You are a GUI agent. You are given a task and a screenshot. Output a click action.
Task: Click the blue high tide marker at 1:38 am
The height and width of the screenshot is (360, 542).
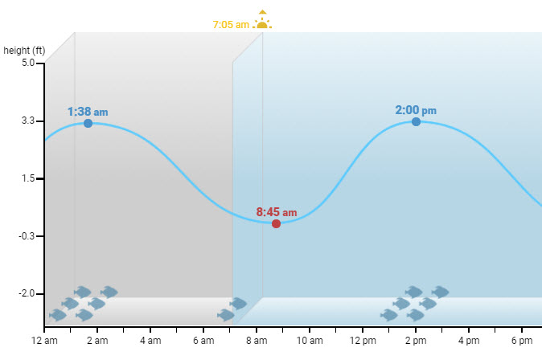coord(88,123)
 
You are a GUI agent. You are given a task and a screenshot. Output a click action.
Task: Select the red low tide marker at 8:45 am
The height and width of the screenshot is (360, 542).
coord(276,223)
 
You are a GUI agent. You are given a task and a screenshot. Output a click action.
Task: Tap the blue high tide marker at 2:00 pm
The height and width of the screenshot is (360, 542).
coord(416,121)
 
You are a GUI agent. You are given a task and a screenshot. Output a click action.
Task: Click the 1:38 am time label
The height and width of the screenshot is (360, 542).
coord(87,112)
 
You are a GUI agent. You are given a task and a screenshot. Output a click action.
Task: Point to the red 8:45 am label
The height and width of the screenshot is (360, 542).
coord(276,212)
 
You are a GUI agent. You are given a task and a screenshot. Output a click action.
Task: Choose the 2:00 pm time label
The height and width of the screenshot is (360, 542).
coord(416,110)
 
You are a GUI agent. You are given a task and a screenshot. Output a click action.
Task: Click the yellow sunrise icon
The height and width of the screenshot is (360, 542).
coord(262,21)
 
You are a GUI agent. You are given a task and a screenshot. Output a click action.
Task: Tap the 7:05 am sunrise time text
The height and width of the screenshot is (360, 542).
coord(231,25)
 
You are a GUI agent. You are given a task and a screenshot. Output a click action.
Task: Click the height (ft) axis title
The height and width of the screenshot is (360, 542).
coord(24,50)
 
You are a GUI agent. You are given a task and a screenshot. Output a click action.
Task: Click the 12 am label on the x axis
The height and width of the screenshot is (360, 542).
coord(44,342)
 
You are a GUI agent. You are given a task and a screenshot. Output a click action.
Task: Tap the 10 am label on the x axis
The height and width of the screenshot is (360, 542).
coord(310,342)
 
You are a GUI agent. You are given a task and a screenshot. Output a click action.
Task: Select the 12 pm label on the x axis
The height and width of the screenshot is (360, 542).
coord(363,342)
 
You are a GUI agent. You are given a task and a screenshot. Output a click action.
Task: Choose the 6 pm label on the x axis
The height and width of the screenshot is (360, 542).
coord(522,342)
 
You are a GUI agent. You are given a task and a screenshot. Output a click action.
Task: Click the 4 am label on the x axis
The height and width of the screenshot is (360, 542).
coord(150,342)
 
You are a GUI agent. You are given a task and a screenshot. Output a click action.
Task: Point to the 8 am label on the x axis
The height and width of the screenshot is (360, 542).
coord(257,342)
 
